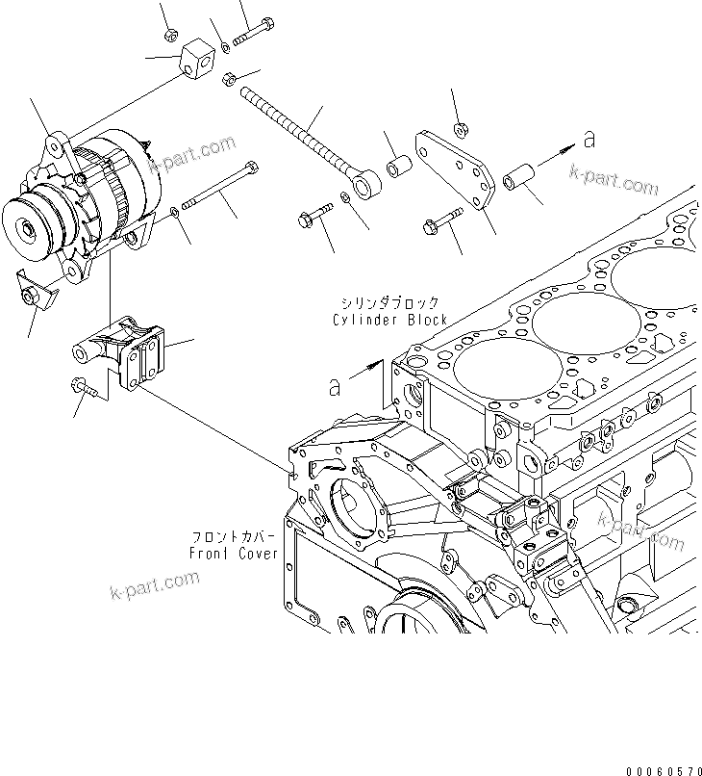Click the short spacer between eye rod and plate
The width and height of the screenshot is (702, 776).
[398, 167]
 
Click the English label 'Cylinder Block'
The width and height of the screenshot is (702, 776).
[390, 319]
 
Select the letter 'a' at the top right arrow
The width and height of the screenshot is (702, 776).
[589, 141]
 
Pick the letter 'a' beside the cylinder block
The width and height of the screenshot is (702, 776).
[335, 386]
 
